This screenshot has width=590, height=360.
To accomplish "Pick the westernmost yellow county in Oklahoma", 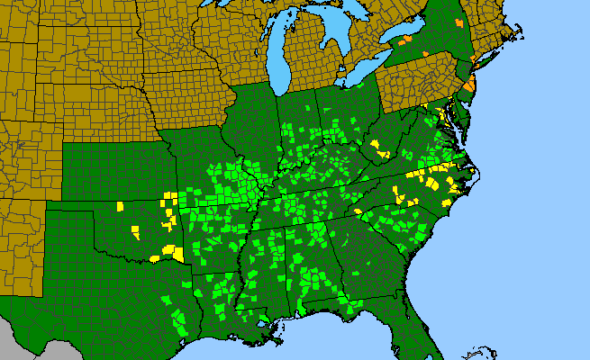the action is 119,206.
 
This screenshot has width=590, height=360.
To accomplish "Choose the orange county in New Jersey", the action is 470,85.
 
